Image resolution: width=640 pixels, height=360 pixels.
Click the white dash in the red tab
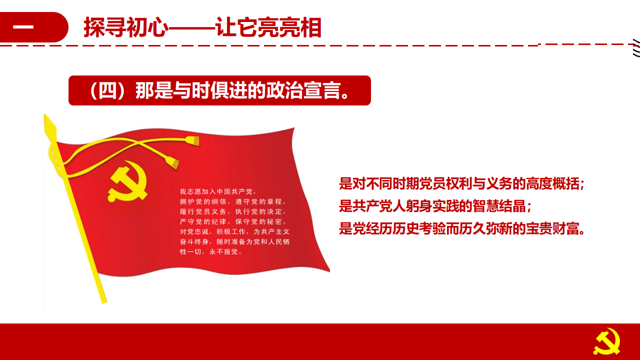point(23,27)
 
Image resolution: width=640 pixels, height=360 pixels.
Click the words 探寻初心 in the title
point(125,27)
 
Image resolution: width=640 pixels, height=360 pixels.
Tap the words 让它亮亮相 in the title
point(268,27)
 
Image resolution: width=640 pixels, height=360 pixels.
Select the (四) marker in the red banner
point(107,90)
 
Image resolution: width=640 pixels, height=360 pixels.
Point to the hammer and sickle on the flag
point(127,181)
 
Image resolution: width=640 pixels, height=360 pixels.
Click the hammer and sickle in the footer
point(607,342)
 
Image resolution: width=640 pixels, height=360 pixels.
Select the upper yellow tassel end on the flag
point(192,140)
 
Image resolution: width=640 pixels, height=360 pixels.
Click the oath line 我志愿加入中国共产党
point(216,191)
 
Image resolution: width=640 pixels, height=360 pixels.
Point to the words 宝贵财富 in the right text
point(552,228)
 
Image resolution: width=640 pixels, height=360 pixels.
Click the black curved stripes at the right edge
point(636,47)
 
